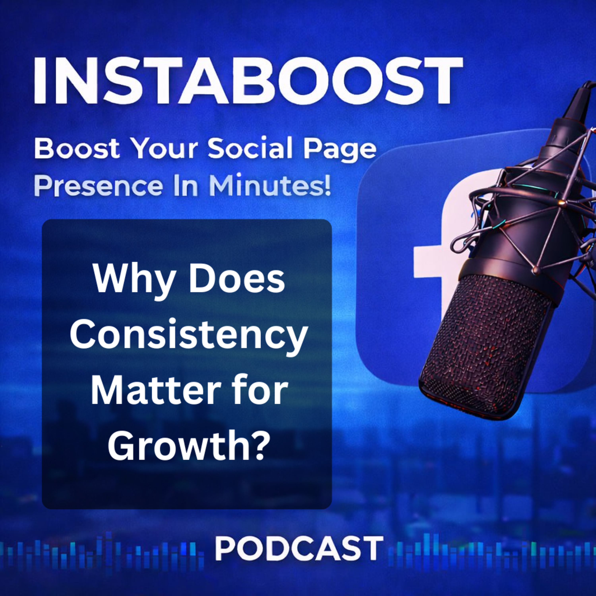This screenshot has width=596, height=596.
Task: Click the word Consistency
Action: pos(189,335)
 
